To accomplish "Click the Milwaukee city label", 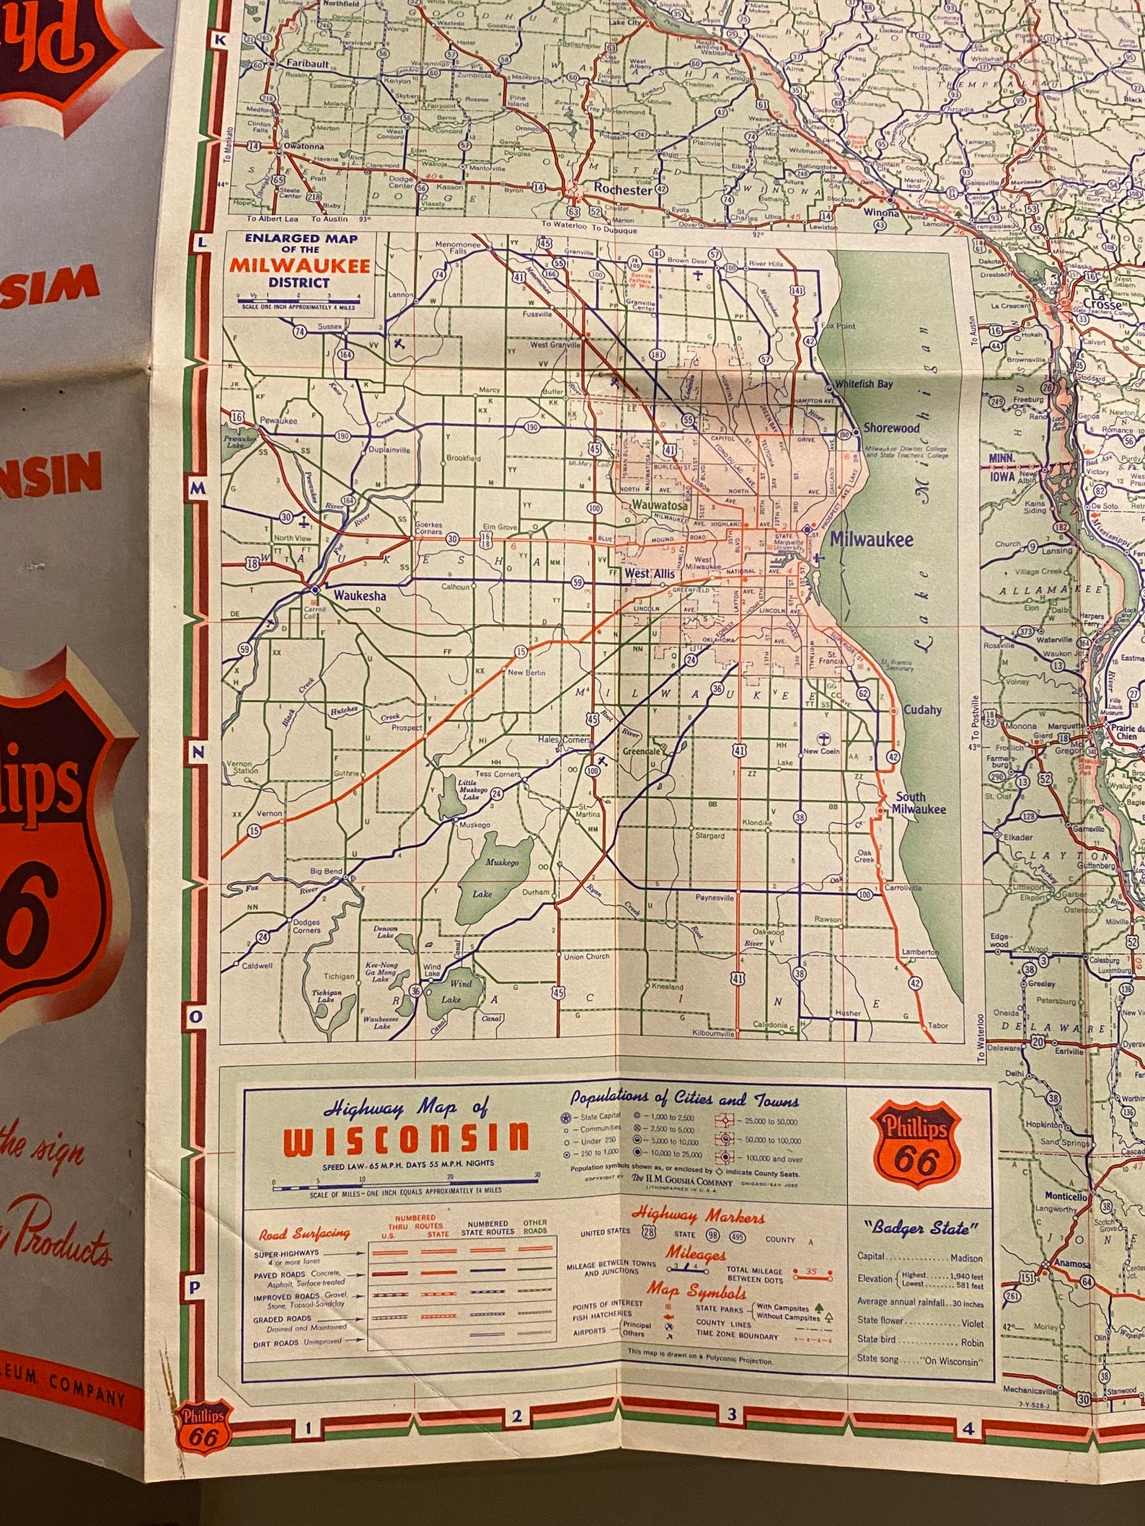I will pyautogui.click(x=870, y=539).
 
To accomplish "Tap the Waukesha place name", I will pyautogui.click(x=359, y=595).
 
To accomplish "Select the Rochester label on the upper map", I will pyautogui.click(x=622, y=190).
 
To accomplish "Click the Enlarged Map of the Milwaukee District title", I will pyautogui.click(x=299, y=261).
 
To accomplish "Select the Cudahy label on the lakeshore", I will pyautogui.click(x=922, y=709).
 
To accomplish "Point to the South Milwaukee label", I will pyautogui.click(x=918, y=803).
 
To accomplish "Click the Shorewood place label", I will pyautogui.click(x=891, y=427).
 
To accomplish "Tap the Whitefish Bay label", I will pyautogui.click(x=863, y=384).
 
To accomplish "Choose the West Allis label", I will pyautogui.click(x=650, y=573).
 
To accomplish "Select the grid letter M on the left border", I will pyautogui.click(x=198, y=489).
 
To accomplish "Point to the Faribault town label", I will pyautogui.click(x=308, y=63).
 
